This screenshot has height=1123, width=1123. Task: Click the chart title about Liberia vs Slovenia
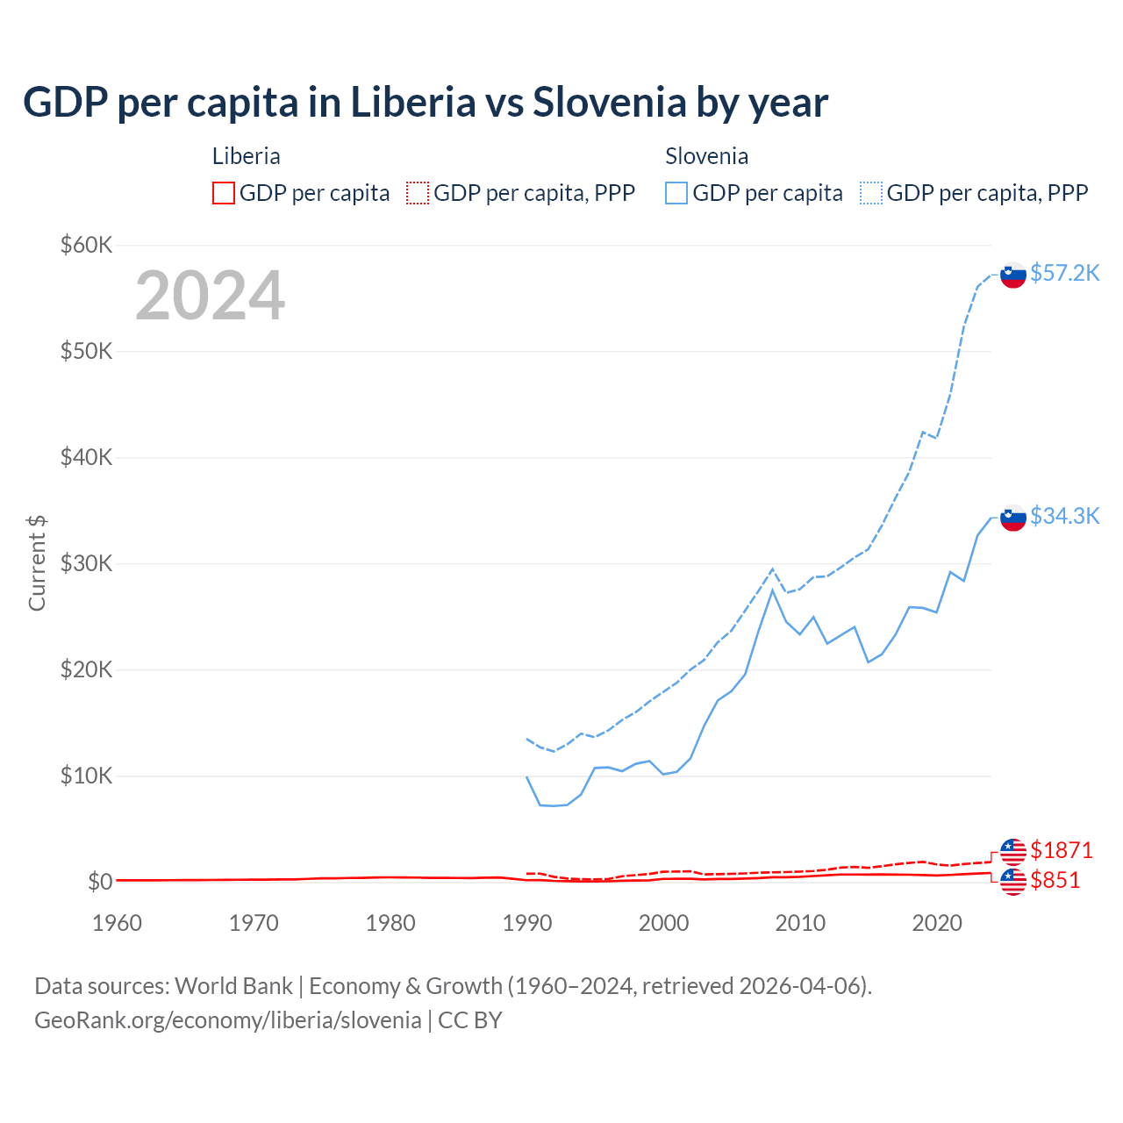pyautogui.click(x=426, y=102)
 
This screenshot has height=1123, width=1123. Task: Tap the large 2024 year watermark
pyautogui.click(x=210, y=296)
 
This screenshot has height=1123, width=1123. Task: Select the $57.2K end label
pyautogui.click(x=1064, y=273)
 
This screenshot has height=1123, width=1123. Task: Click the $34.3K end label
pyautogui.click(x=1064, y=516)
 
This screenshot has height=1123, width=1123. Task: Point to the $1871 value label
pyautogui.click(x=1061, y=850)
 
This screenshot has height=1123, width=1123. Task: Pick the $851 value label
pyautogui.click(x=1055, y=880)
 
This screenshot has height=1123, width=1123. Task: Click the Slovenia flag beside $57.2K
pyautogui.click(x=1013, y=275)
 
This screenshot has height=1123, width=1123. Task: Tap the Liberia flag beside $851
pyautogui.click(x=1013, y=882)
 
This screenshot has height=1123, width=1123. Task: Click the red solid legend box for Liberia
pyautogui.click(x=224, y=193)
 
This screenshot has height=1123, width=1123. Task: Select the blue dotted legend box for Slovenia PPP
pyautogui.click(x=871, y=193)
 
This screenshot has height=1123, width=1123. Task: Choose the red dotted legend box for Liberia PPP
pyautogui.click(x=418, y=193)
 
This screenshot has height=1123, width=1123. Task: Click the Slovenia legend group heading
pyautogui.click(x=706, y=156)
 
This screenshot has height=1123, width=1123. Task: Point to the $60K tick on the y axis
pyautogui.click(x=86, y=245)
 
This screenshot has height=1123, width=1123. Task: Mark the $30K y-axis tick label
pyautogui.click(x=86, y=563)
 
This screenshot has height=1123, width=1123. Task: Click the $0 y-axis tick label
pyautogui.click(x=99, y=882)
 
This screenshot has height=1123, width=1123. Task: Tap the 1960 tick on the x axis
pyautogui.click(x=117, y=923)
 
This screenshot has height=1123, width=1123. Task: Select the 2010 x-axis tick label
pyautogui.click(x=800, y=923)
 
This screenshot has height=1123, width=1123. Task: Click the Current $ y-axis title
pyautogui.click(x=37, y=563)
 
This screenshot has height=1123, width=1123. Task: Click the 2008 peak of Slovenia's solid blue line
pyautogui.click(x=772, y=590)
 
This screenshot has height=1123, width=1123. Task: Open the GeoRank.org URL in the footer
pyautogui.click(x=228, y=1019)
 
